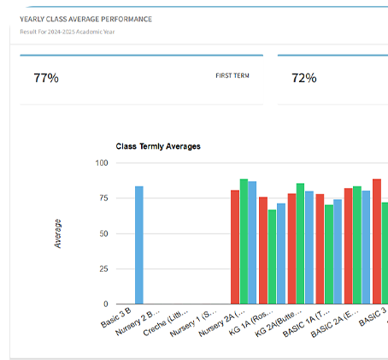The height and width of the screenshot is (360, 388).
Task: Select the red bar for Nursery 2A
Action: click(234, 247)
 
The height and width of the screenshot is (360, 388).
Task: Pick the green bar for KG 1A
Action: click(272, 257)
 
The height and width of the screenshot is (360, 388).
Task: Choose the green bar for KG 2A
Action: click(300, 244)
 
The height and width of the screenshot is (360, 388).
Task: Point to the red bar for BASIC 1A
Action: click(320, 249)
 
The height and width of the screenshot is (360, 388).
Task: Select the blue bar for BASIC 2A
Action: click(367, 247)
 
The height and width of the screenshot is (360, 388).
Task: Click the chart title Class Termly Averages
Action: click(158, 146)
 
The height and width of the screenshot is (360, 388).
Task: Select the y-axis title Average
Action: click(58, 233)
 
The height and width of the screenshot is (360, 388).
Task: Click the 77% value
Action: click(45, 78)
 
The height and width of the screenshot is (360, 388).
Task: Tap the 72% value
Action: click(303, 78)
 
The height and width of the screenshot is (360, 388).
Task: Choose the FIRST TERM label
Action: click(232, 75)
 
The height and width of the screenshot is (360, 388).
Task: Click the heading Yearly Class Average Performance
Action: click(80, 19)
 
